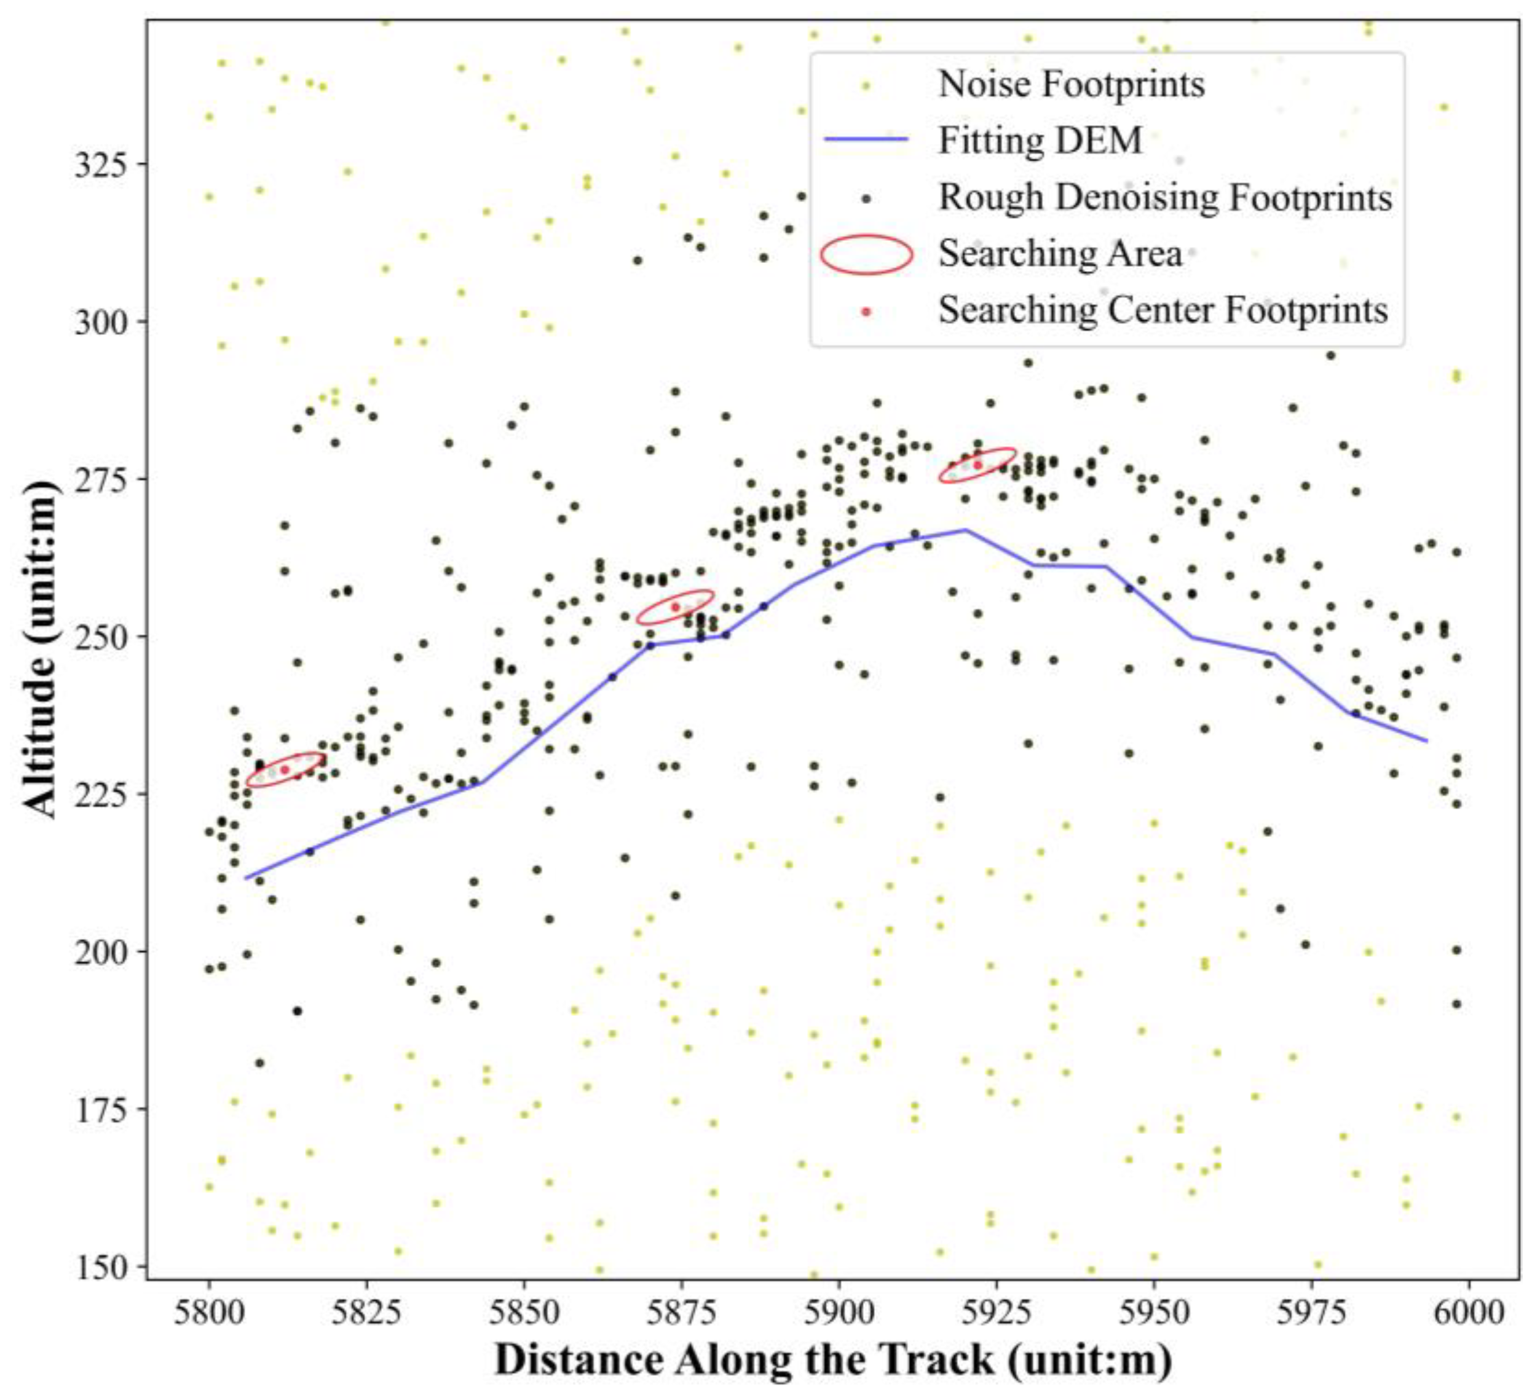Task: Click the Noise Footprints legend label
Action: [1072, 84]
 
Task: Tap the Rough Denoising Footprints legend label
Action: [1165, 197]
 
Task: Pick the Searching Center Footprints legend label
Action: [1163, 309]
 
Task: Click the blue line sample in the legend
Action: [866, 139]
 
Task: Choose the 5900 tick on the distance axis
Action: [839, 1312]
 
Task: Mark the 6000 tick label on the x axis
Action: [1468, 1312]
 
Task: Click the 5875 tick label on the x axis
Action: [682, 1312]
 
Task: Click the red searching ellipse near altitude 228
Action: [286, 769]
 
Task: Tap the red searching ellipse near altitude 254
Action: [675, 607]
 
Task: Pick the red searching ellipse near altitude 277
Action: [977, 465]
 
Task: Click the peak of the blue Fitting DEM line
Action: [965, 530]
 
